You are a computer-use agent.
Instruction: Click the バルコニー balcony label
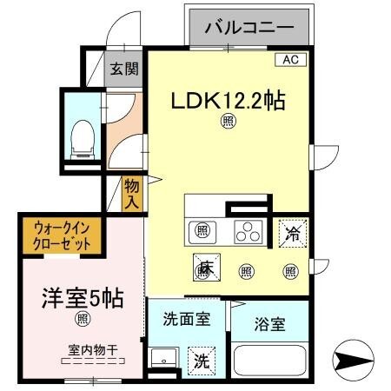[249, 28]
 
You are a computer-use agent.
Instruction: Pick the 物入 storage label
[131, 192]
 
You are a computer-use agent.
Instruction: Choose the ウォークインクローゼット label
[63, 235]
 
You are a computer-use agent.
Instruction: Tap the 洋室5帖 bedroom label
[83, 298]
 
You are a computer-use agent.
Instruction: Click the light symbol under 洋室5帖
[83, 320]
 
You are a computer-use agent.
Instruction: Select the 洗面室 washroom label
[186, 318]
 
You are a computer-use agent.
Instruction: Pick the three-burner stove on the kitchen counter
[248, 231]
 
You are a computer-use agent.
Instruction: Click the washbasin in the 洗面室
[162, 360]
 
